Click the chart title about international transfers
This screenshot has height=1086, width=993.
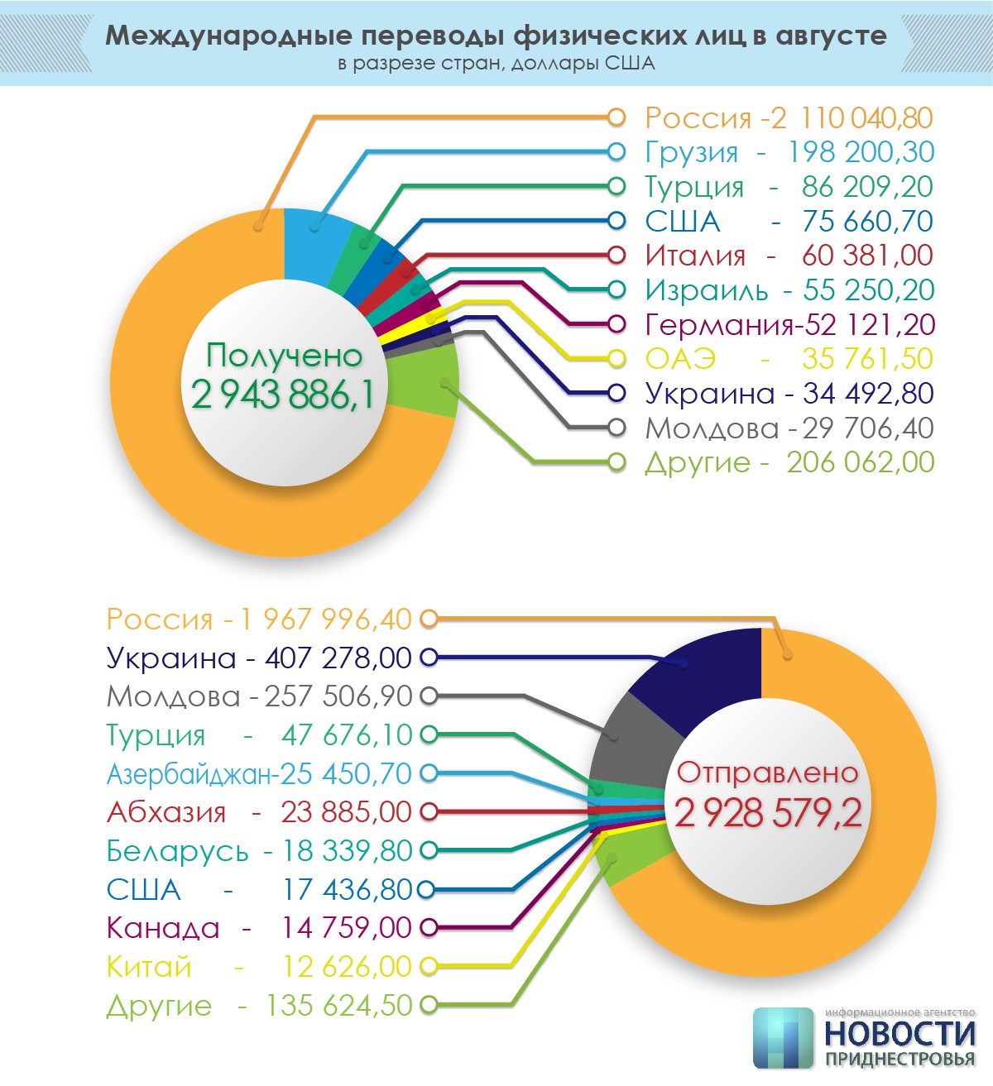[x=496, y=36]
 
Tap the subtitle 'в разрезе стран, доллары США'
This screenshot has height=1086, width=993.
[x=496, y=64]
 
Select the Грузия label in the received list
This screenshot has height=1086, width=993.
[x=789, y=152]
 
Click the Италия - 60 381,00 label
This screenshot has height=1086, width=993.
[x=789, y=256]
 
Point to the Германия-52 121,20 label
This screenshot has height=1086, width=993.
[x=789, y=324]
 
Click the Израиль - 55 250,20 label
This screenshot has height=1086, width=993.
[x=789, y=290]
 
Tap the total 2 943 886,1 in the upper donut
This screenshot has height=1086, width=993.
[x=283, y=395]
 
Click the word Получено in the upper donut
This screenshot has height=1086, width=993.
[x=284, y=355]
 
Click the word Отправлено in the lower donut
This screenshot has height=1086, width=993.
[x=768, y=773]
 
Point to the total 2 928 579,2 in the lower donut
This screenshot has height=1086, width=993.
[x=768, y=813]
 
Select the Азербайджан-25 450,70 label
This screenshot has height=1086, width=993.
[x=259, y=773]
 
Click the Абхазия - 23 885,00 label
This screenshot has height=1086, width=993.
[x=259, y=812]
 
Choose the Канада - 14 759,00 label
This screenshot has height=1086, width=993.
[x=259, y=928]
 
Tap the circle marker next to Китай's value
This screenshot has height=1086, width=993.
[x=428, y=966]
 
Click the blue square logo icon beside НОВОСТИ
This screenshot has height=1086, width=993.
[x=783, y=1037]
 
